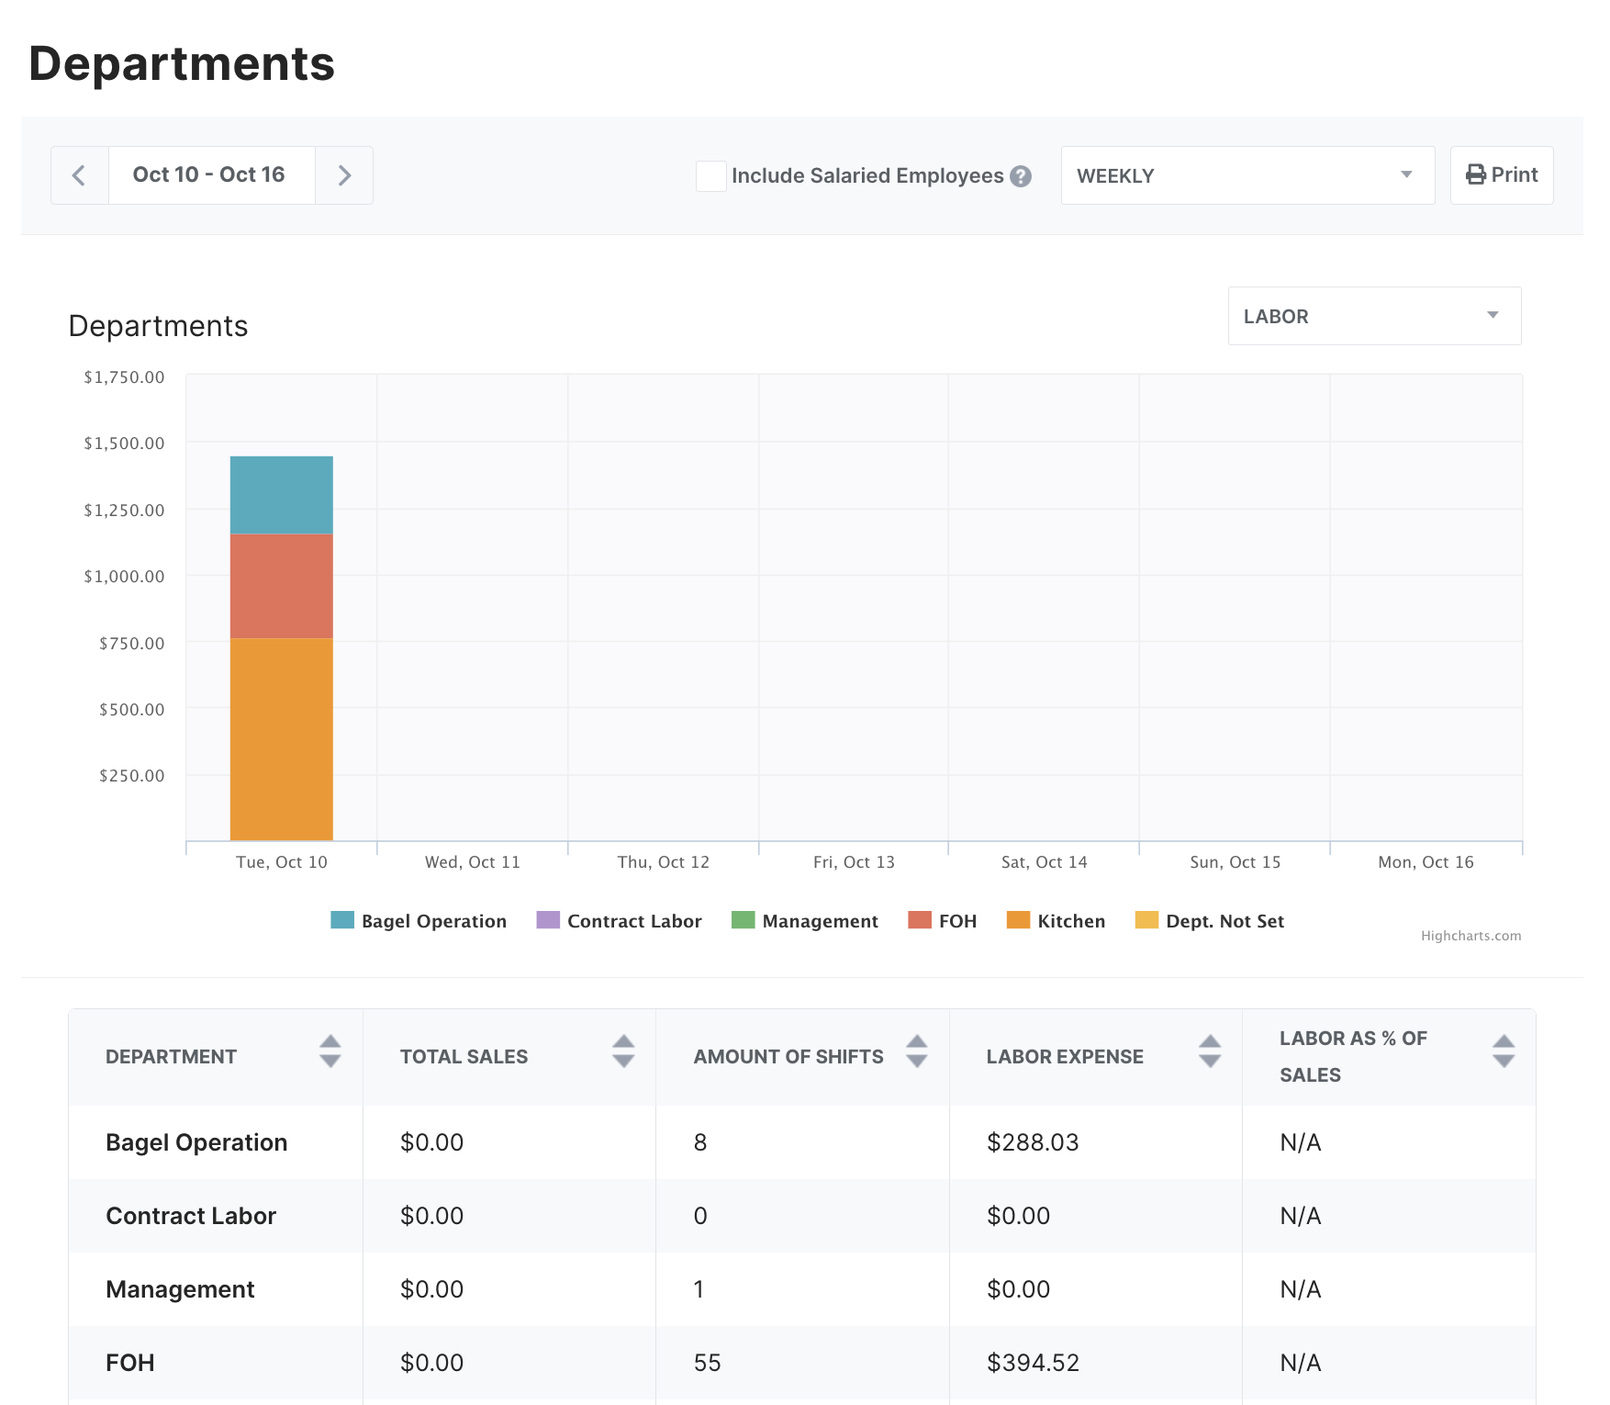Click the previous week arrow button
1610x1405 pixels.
(x=80, y=175)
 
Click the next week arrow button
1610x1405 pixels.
(x=344, y=175)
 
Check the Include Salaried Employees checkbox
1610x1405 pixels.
(x=710, y=175)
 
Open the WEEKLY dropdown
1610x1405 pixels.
(x=1247, y=175)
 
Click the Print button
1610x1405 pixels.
(x=1501, y=175)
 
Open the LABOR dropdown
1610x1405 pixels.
(x=1373, y=316)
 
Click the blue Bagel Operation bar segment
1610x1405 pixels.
(x=281, y=495)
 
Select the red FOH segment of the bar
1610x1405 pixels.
(x=281, y=586)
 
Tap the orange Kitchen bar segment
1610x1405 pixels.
(x=281, y=739)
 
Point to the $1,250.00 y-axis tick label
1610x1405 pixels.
(x=124, y=511)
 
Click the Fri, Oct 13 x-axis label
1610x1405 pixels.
(x=853, y=862)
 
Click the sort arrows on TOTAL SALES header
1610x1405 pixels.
(x=623, y=1051)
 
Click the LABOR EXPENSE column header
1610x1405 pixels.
(x=1065, y=1057)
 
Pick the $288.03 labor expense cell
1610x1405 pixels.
(x=1032, y=1142)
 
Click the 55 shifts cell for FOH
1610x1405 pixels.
(x=707, y=1363)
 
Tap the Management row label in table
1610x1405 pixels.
(x=180, y=1289)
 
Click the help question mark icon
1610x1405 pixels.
(x=1021, y=176)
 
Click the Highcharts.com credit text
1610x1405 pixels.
(x=1470, y=936)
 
